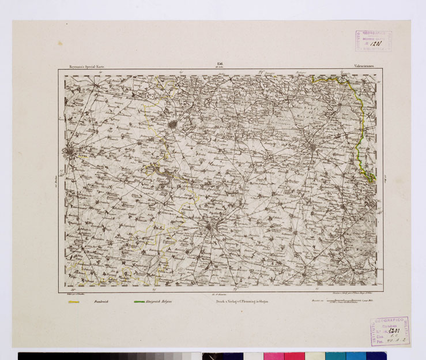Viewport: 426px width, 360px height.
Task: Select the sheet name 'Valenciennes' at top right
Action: click(x=363, y=67)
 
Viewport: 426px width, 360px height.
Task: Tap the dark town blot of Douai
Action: click(x=173, y=123)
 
